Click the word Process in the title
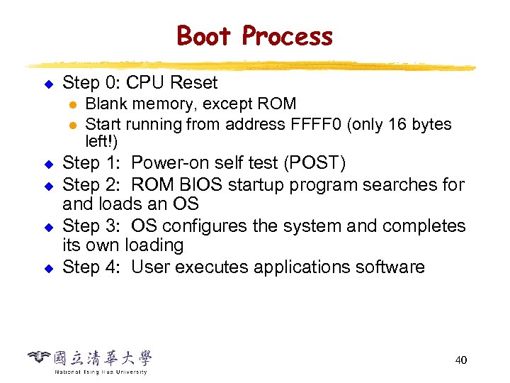(287, 35)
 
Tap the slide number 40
(460, 360)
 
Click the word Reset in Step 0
(193, 83)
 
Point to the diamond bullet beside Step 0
(49, 84)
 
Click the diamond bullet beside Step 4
(49, 268)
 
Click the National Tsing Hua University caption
(101, 372)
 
